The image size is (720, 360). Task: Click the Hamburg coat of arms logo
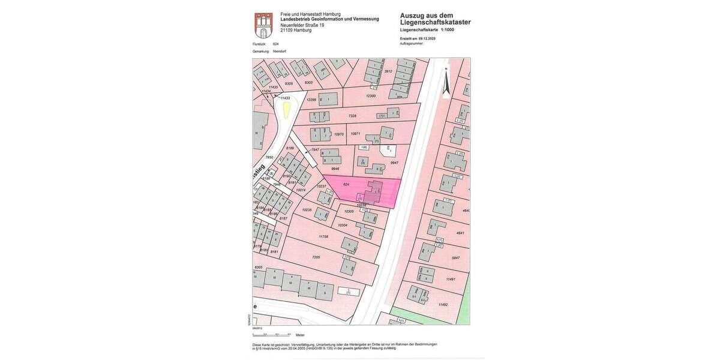pyautogui.click(x=263, y=25)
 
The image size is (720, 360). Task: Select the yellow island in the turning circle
pyautogui.click(x=287, y=109)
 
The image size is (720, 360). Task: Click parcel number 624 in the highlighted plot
pyautogui.click(x=346, y=184)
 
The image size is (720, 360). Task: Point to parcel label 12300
pyautogui.click(x=371, y=96)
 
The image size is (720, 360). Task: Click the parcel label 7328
pyautogui.click(x=352, y=116)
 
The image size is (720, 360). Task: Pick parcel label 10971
pyautogui.click(x=356, y=134)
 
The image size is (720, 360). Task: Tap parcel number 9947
pyautogui.click(x=394, y=163)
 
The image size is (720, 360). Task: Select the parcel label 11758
pyautogui.click(x=323, y=236)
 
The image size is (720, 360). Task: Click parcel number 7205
pyautogui.click(x=316, y=257)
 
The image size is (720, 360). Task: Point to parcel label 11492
pyautogui.click(x=443, y=305)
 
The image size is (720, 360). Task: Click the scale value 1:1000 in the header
pyautogui.click(x=448, y=29)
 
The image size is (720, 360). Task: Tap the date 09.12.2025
pyautogui.click(x=427, y=38)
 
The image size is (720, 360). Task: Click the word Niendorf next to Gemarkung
pyautogui.click(x=280, y=52)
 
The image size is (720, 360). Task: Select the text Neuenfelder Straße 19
pyautogui.click(x=302, y=25)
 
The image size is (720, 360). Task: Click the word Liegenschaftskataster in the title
pyautogui.click(x=436, y=23)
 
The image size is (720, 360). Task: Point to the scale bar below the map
pyautogui.click(x=272, y=334)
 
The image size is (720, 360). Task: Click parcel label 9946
pyautogui.click(x=335, y=169)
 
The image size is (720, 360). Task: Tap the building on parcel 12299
pyautogui.click(x=328, y=98)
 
